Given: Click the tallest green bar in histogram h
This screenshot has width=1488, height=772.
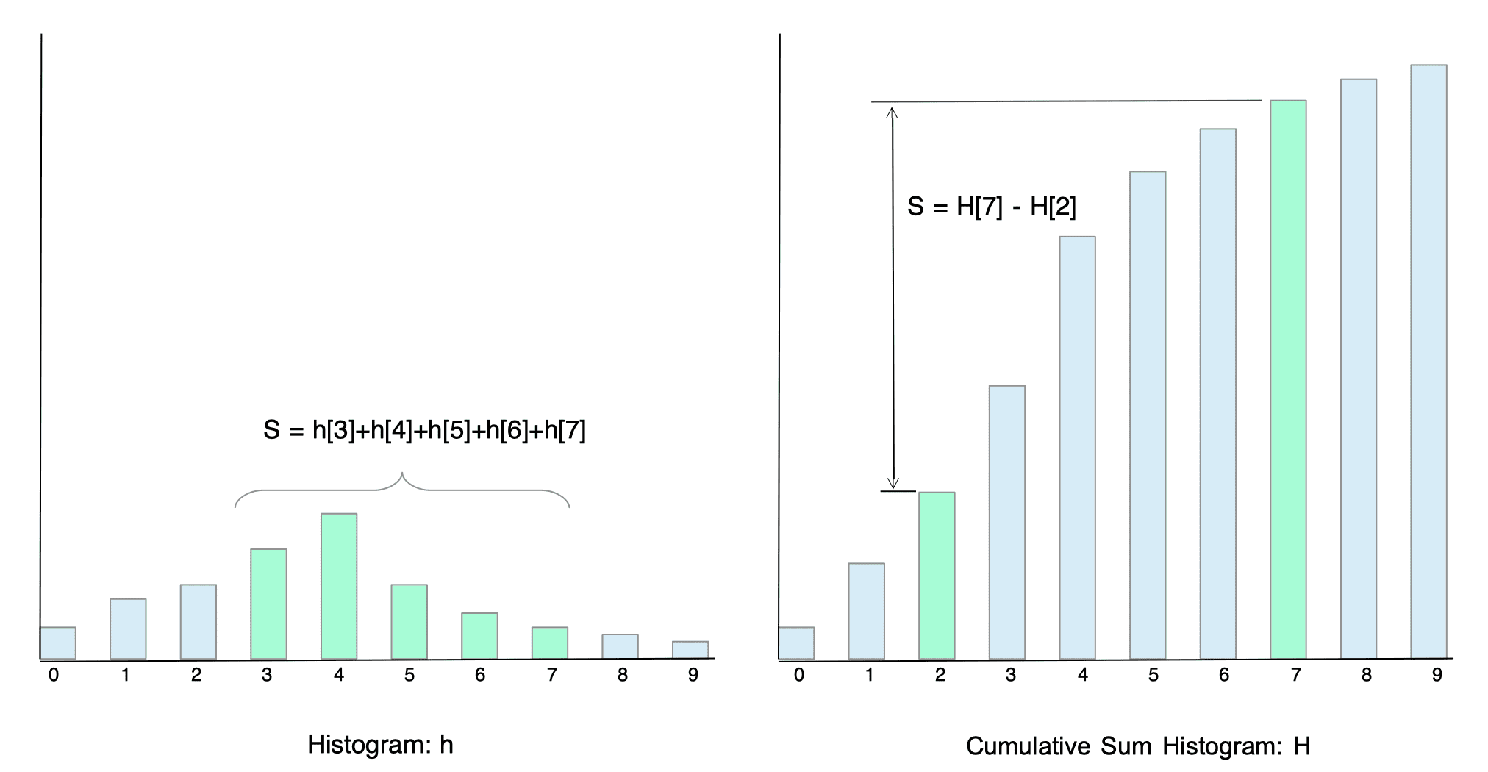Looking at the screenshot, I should (x=339, y=586).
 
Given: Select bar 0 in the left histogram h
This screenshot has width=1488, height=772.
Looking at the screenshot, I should (x=58, y=643).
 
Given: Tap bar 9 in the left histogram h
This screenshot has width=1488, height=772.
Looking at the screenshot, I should (x=690, y=650).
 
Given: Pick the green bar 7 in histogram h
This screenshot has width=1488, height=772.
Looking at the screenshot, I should (x=550, y=643).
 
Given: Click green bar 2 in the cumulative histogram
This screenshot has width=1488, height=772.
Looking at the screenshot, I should (x=937, y=576).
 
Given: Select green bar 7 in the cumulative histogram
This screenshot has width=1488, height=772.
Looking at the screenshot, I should (x=1288, y=379).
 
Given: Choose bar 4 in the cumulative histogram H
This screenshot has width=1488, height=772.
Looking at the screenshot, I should (x=1077, y=448).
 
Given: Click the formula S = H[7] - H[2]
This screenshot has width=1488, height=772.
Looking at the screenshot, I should (x=992, y=207).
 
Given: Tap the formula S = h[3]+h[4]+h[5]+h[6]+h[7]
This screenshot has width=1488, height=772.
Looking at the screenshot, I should (x=424, y=430).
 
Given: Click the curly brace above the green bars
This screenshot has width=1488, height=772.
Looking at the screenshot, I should (x=402, y=489).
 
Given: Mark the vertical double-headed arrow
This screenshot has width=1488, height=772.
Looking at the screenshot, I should (x=893, y=298).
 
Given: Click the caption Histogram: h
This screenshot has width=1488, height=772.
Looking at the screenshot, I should (x=380, y=745).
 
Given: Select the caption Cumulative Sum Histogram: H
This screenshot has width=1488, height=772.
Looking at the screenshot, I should (x=1138, y=746).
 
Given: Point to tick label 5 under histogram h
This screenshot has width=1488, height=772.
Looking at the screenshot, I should (x=409, y=675).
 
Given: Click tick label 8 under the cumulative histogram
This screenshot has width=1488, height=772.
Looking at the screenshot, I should (x=1367, y=675).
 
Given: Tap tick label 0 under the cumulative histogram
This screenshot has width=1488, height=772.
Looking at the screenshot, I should (x=799, y=675).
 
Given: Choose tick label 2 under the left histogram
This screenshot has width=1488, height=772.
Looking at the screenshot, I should (x=196, y=675).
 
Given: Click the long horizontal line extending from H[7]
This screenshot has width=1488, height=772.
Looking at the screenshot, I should (x=1066, y=101).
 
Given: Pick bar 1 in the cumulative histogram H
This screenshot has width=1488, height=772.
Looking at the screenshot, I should (x=866, y=611).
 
